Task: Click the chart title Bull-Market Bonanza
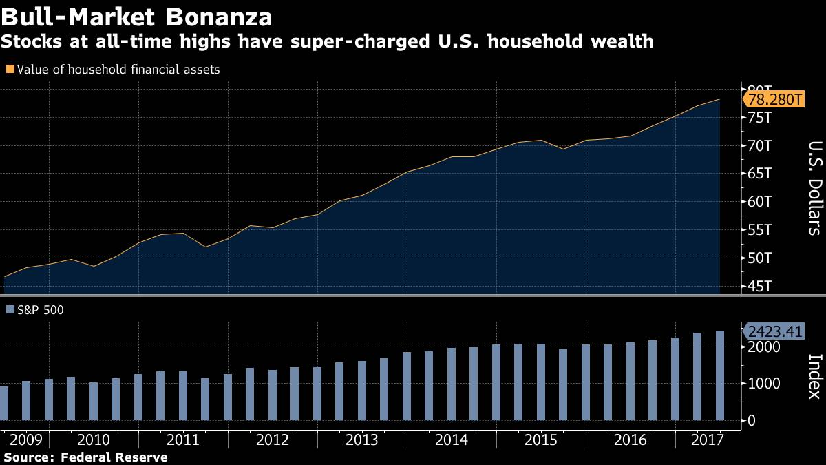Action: click(136, 16)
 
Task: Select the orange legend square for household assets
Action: click(9, 69)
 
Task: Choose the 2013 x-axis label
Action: click(361, 440)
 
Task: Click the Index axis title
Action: click(814, 376)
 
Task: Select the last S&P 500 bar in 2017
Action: click(720, 375)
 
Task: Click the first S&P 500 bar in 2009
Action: click(3, 403)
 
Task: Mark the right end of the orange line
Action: click(720, 99)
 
